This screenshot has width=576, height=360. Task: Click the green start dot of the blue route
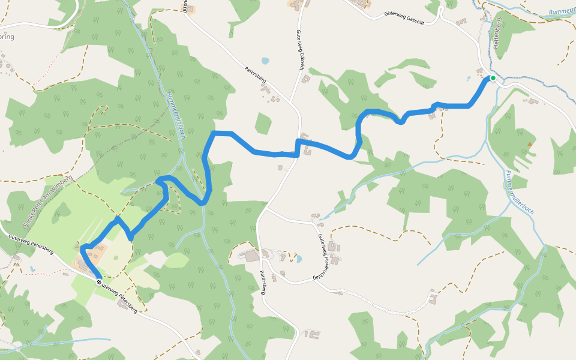(493, 78)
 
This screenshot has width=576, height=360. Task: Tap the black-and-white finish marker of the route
(99, 280)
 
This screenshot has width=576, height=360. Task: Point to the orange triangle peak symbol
(529, 144)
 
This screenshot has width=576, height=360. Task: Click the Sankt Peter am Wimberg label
(47, 201)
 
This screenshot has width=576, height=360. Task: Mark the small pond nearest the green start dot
(469, 78)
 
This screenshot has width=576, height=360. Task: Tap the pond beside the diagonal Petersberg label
(265, 61)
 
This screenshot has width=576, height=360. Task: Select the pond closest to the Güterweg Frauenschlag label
(299, 259)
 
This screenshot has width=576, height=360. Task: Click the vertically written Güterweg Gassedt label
(299, 50)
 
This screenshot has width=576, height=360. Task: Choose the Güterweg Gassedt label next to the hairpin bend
(406, 14)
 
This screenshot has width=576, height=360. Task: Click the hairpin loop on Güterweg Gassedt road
(441, 9)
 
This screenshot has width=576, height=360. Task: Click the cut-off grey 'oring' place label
(7, 37)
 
